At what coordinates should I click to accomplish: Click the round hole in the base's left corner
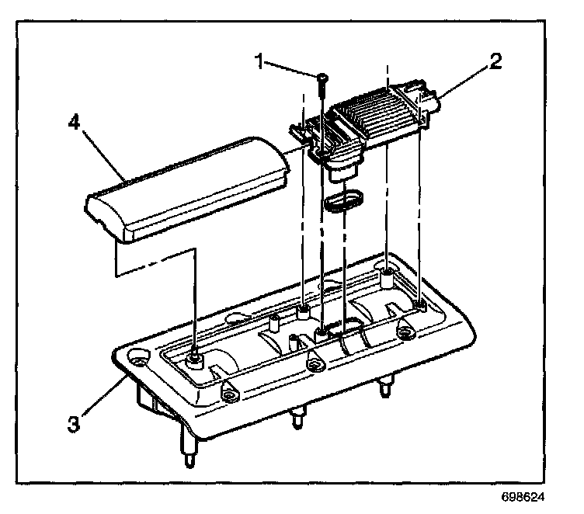(140, 359)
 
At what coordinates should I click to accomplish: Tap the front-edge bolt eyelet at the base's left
(229, 395)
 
